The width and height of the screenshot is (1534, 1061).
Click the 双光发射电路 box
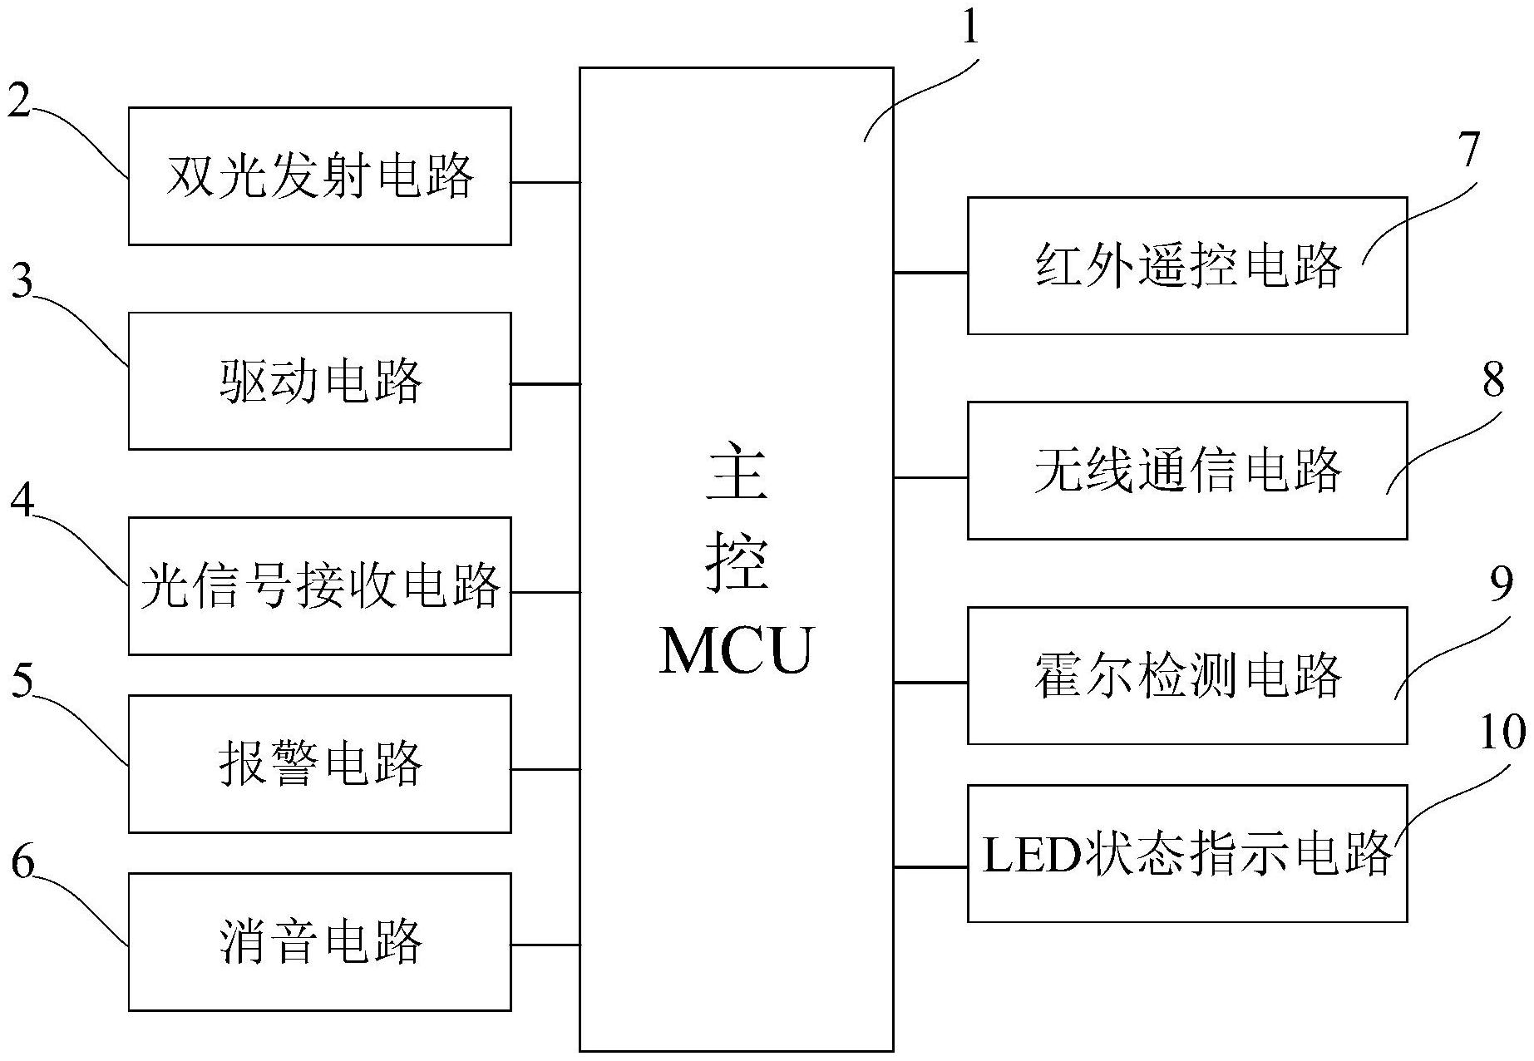319,175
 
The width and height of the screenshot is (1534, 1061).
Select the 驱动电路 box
319,381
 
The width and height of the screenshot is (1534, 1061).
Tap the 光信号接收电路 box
319,585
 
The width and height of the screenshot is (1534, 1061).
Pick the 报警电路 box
319,763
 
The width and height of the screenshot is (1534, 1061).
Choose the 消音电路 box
319,941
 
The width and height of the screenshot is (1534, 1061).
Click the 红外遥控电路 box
1186,265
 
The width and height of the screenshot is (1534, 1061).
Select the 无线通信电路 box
1186,470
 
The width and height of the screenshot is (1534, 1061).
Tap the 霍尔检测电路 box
1186,675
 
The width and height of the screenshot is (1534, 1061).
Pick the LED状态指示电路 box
1186,853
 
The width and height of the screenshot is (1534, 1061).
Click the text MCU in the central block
736,650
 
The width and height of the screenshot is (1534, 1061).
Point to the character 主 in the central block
736,471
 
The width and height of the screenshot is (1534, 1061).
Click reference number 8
1494,380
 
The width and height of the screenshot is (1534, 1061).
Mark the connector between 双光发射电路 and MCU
545,182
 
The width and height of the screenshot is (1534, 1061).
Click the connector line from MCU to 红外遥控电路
930,272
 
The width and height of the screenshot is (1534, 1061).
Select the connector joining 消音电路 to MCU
545,945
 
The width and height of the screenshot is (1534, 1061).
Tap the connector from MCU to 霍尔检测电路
930,683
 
